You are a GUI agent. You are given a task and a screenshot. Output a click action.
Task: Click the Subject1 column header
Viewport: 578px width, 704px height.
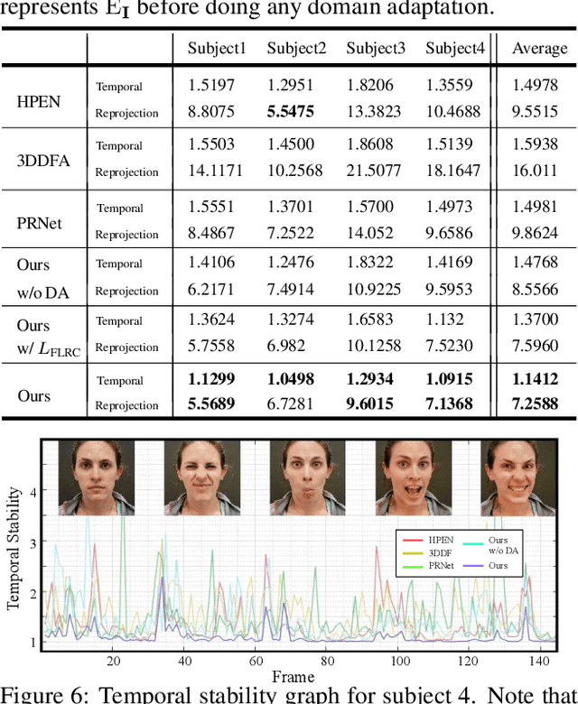pyautogui.click(x=217, y=49)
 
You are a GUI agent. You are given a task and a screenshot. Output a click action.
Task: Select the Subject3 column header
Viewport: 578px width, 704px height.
pyautogui.click(x=376, y=49)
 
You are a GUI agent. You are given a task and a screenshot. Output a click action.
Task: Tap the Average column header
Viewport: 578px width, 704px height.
pyautogui.click(x=539, y=49)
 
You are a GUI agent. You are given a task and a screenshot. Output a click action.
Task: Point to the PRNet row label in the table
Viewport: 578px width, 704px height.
pyautogui.click(x=40, y=222)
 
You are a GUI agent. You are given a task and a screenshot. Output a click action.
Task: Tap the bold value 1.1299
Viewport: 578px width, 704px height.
pyautogui.click(x=210, y=381)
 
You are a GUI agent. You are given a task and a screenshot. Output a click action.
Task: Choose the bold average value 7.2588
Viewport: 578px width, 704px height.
pyautogui.click(x=539, y=404)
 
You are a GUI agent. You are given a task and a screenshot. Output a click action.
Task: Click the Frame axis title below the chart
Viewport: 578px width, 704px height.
pyautogui.click(x=293, y=676)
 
